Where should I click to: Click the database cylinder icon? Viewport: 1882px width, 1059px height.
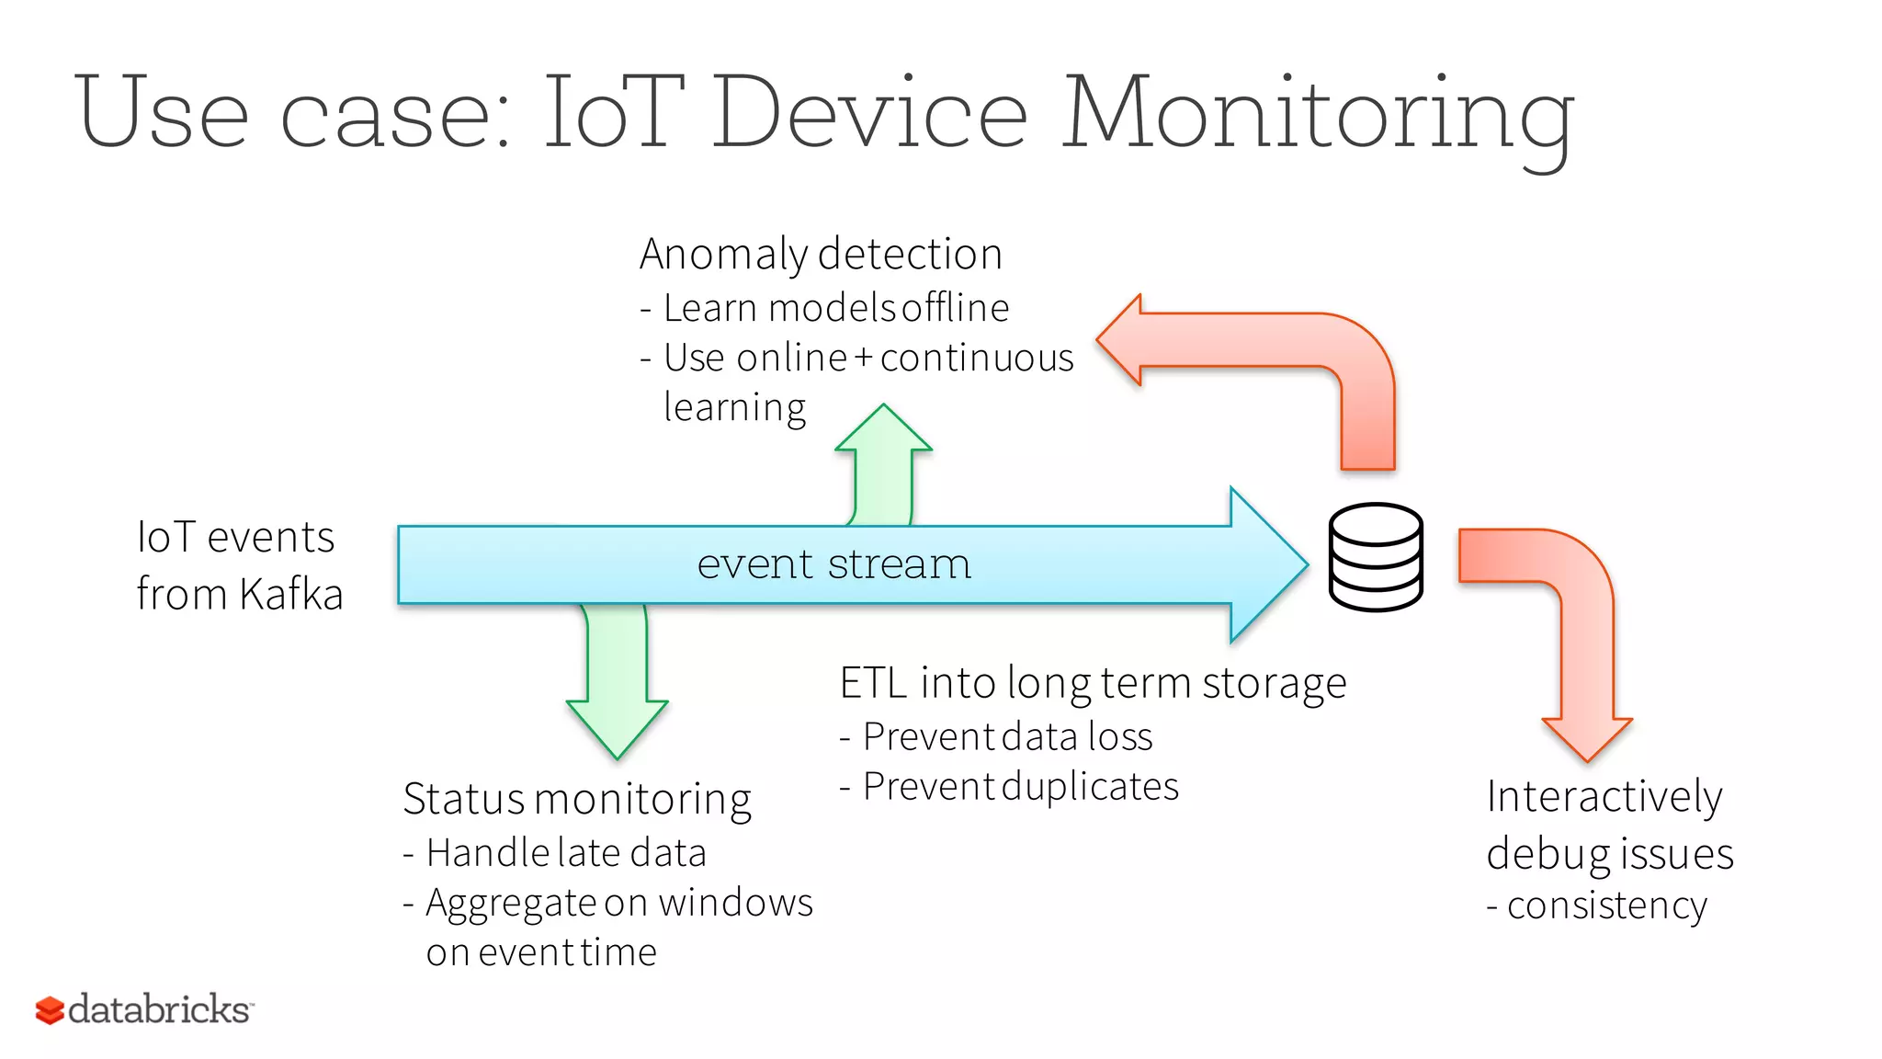(1376, 557)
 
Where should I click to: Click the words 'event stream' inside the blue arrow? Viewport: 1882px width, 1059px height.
(833, 564)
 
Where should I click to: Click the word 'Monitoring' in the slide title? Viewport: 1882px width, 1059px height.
(1319, 115)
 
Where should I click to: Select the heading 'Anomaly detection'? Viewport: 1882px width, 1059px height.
(821, 254)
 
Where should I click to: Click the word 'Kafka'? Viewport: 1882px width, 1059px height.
(291, 594)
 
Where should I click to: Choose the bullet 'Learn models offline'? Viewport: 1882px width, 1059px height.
(835, 308)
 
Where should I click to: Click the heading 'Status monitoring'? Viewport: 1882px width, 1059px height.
(577, 799)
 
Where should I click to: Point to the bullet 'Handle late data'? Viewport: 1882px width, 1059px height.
(565, 853)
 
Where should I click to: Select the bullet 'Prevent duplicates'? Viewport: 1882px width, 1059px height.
(1020, 787)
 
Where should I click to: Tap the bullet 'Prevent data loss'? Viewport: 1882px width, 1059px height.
(1007, 737)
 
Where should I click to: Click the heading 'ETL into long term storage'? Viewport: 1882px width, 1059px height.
(1093, 683)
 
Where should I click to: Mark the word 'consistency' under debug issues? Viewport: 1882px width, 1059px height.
(1606, 905)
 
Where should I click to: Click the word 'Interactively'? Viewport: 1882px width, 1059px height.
(1604, 796)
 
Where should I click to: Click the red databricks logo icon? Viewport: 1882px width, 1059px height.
(50, 1010)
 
